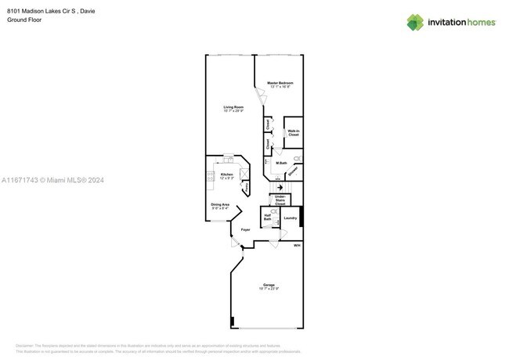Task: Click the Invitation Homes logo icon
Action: [414, 22]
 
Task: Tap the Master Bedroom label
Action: [280, 84]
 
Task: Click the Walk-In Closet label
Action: [293, 133]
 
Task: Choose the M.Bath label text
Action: [281, 163]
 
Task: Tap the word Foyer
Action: [245, 230]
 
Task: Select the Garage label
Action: [269, 286]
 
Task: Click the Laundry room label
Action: [290, 218]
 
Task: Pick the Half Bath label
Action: [268, 218]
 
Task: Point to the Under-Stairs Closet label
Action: [280, 200]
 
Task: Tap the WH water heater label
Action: [297, 246]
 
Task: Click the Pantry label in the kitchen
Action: [244, 188]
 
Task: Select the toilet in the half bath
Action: [275, 211]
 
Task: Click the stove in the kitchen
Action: [211, 177]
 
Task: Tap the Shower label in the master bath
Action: [291, 171]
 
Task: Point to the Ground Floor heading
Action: [23, 20]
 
